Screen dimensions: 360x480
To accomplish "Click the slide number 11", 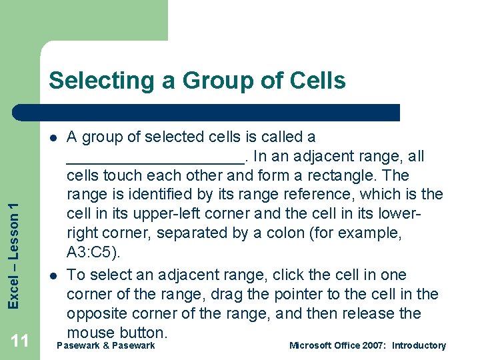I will [x=20, y=341].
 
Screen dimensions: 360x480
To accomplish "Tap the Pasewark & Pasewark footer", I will [x=106, y=345].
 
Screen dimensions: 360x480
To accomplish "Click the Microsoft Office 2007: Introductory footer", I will [x=367, y=345].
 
